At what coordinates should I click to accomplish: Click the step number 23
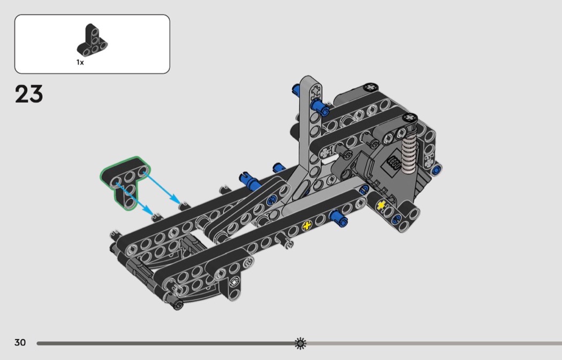[x=29, y=94]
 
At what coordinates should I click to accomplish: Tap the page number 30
[x=20, y=342]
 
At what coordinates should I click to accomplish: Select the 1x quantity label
[x=80, y=63]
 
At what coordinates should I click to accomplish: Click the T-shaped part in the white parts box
[x=92, y=41]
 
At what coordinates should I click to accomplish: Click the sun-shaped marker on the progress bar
[x=300, y=343]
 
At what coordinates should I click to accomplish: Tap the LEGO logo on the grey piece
[x=393, y=164]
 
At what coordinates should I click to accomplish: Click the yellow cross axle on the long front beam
[x=307, y=226]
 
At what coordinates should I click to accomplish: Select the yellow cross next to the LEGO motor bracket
[x=381, y=205]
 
